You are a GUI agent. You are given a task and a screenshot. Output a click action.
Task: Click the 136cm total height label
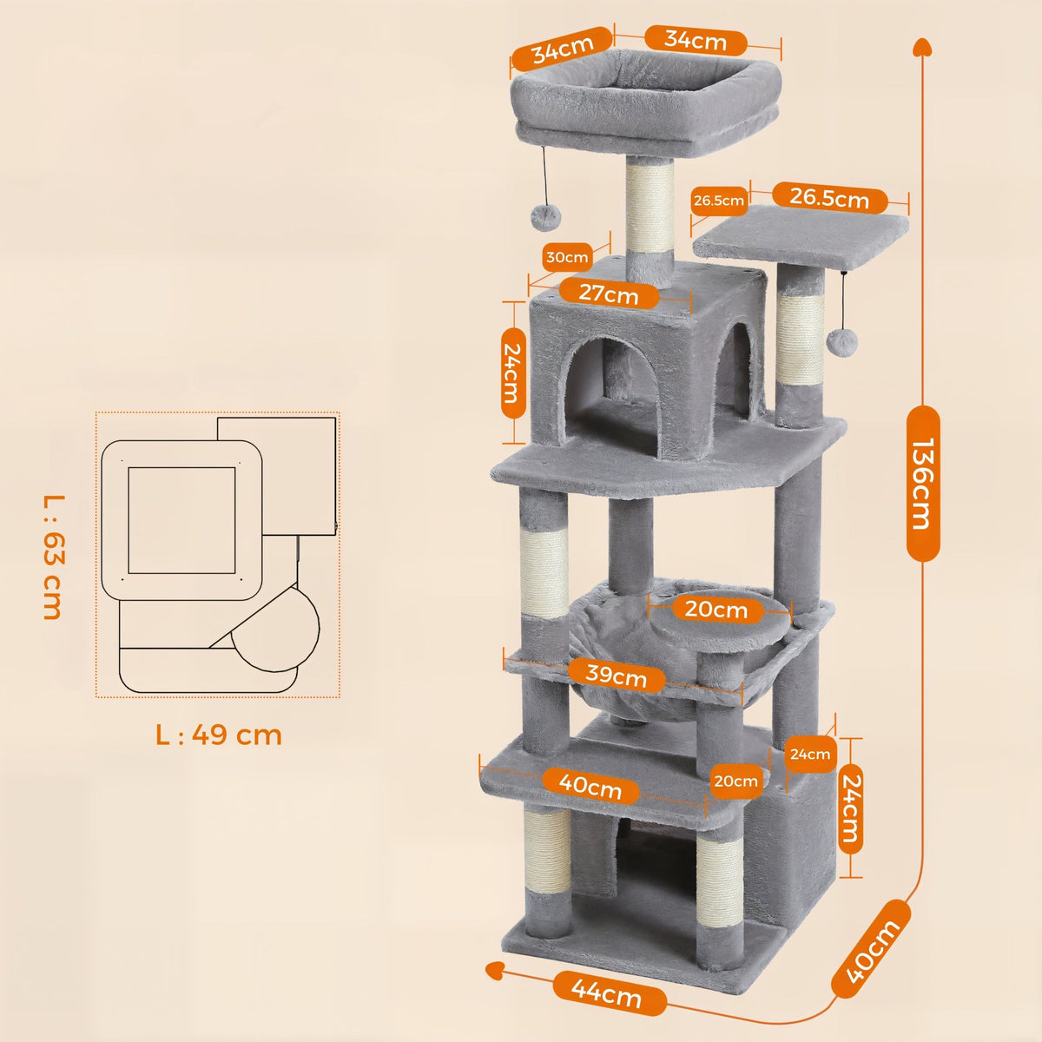click(x=921, y=483)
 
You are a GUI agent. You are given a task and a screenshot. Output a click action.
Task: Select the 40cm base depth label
click(x=873, y=948)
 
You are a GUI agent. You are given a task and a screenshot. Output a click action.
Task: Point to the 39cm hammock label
click(x=617, y=674)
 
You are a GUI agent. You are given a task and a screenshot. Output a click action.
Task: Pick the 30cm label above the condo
click(x=567, y=257)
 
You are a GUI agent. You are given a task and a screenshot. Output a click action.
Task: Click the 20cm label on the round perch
click(x=716, y=610)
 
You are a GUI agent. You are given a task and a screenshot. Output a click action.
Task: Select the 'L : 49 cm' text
click(x=219, y=735)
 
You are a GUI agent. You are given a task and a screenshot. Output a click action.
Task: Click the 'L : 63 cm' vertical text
click(x=52, y=556)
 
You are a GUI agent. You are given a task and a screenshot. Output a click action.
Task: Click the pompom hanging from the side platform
click(x=841, y=340)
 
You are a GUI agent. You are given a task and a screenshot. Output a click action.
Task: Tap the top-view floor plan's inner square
click(x=182, y=519)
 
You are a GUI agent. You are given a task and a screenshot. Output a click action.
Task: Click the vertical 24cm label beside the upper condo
click(x=514, y=373)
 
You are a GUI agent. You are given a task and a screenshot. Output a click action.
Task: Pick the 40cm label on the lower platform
click(x=590, y=786)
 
